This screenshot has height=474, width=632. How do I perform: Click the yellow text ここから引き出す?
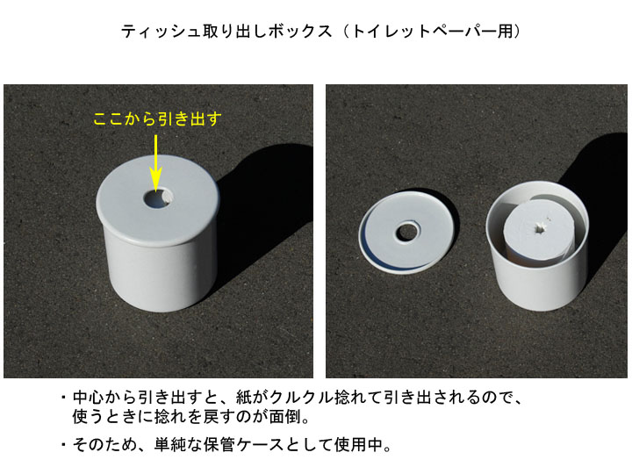(158, 118)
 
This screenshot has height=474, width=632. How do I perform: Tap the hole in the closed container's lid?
(158, 198)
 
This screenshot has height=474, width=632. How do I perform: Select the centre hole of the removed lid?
(408, 232)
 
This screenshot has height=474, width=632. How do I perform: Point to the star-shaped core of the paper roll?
(540, 229)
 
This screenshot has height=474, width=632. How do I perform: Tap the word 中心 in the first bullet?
(89, 398)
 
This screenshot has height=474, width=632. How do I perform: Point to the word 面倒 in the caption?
(285, 417)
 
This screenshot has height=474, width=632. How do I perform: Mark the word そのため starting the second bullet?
(104, 444)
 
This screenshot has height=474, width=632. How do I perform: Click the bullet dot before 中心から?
(63, 398)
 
